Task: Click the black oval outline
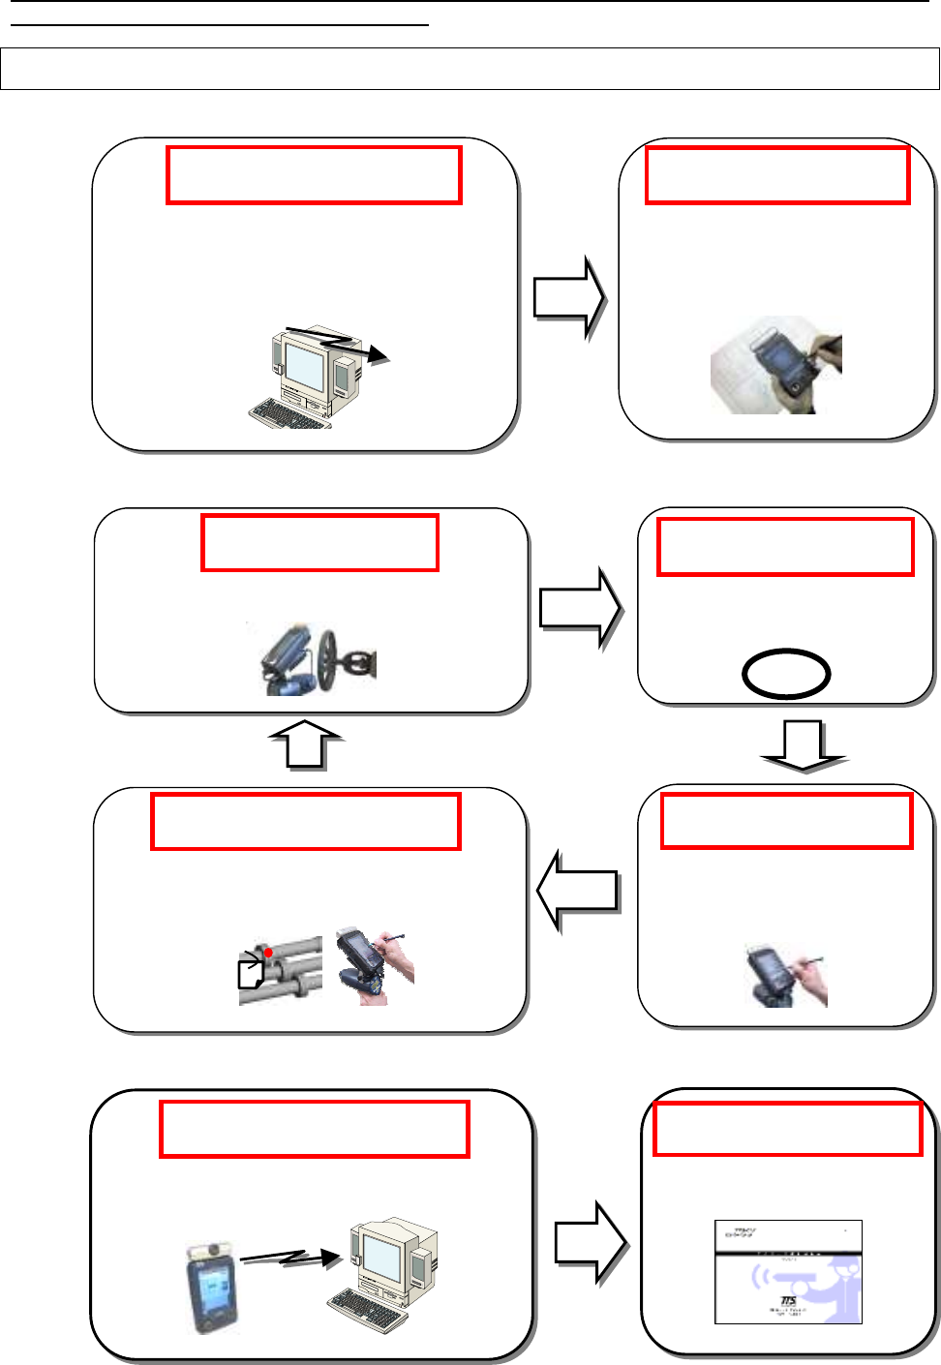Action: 786,674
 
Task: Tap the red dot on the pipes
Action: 268,953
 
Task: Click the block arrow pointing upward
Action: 305,743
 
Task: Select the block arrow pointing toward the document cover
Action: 591,1244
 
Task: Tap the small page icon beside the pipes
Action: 252,971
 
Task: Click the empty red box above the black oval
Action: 785,547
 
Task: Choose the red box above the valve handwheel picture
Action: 319,543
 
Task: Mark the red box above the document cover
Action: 788,1129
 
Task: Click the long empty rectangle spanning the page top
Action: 470,69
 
